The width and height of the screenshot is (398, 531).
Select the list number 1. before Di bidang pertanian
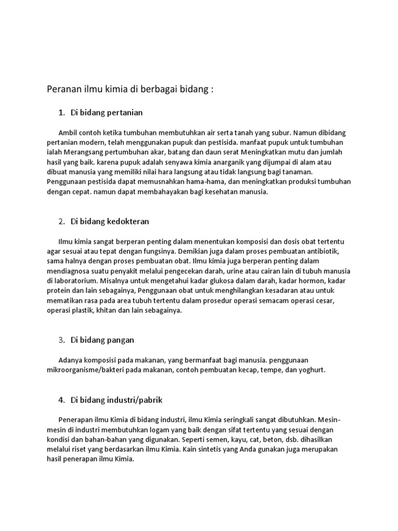62,112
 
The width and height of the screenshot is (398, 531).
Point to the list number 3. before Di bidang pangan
62,340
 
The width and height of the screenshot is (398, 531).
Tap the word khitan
105,311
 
